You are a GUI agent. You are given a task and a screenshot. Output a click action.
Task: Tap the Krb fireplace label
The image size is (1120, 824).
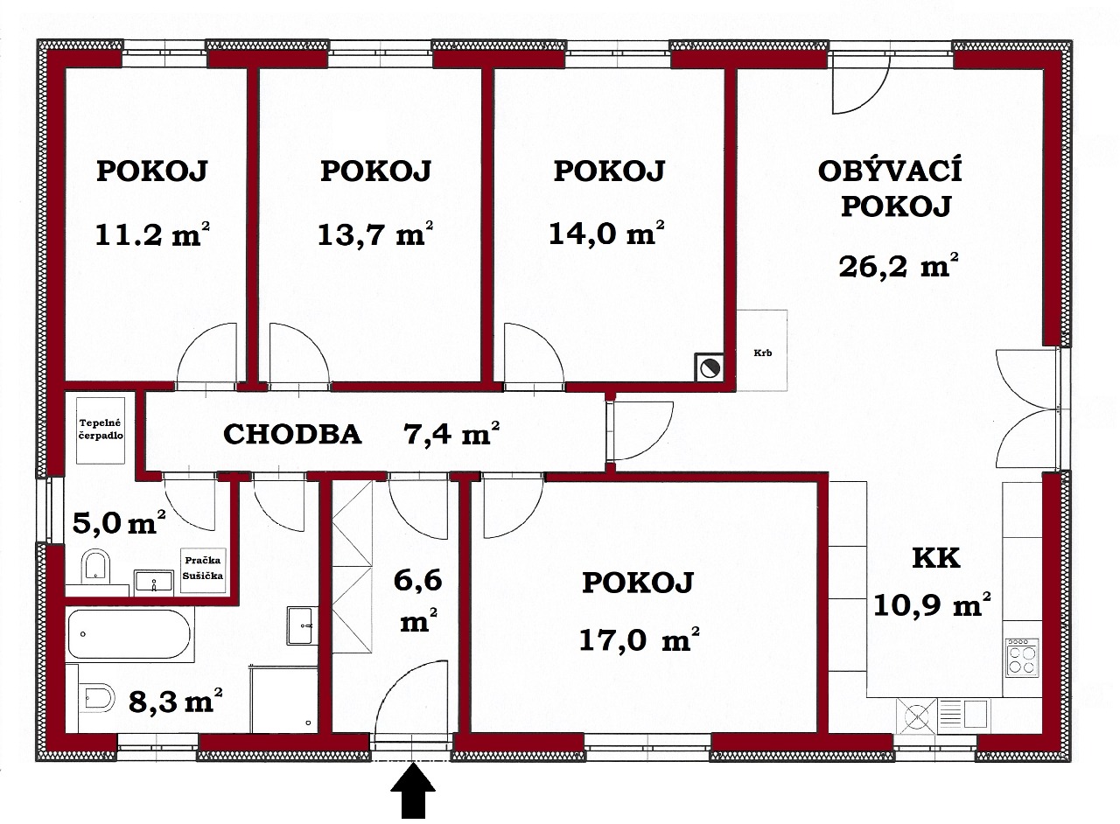[762, 353]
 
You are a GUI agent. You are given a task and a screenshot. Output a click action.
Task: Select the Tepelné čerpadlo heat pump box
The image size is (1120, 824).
[101, 430]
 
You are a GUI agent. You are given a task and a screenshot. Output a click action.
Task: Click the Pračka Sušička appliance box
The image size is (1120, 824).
[202, 570]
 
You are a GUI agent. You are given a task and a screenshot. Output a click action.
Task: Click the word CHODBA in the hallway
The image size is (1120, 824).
[292, 434]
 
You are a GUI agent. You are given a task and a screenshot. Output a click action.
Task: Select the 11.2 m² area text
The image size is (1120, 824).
[152, 234]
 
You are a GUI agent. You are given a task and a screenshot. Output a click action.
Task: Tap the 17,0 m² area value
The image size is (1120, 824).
[639, 639]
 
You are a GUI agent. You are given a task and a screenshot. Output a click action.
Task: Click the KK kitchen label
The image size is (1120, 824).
[936, 558]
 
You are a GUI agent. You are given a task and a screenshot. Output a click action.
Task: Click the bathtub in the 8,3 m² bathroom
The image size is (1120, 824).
[129, 634]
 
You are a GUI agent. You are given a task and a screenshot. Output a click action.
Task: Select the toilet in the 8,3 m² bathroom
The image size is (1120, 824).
[98, 696]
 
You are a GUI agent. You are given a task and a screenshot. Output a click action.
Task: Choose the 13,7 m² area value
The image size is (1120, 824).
[375, 234]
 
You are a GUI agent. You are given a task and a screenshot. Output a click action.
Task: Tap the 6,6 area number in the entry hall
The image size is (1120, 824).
[418, 581]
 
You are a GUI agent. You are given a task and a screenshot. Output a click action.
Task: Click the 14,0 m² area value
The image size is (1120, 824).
[607, 233]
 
